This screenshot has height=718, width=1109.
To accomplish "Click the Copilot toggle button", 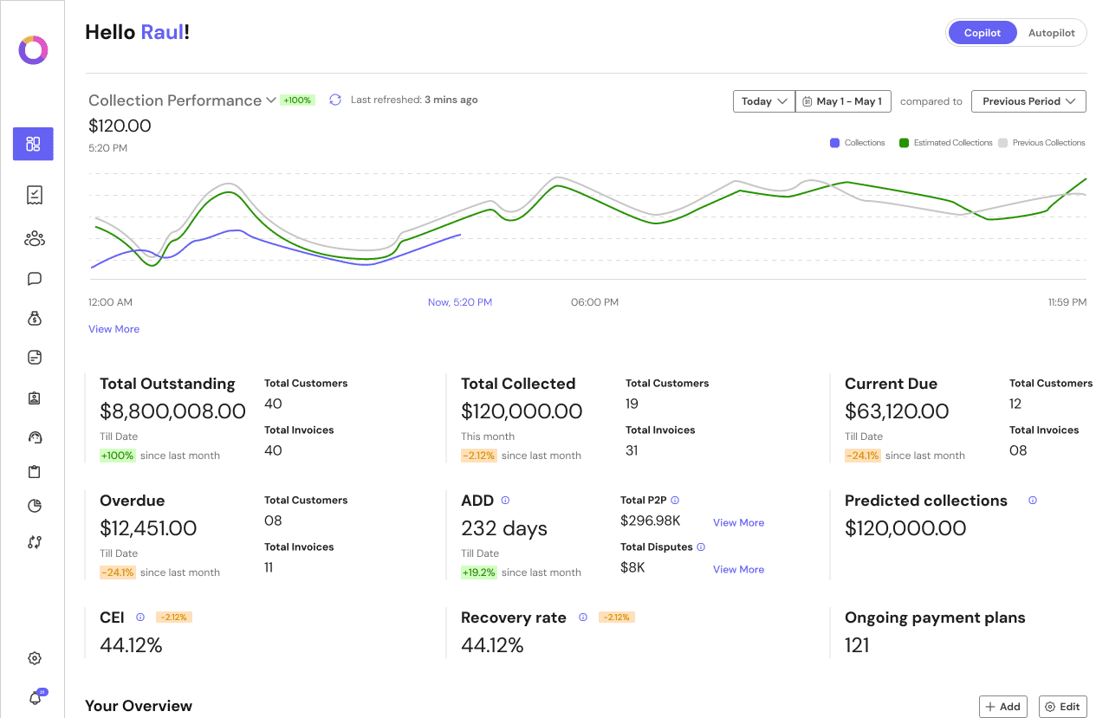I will coord(982,33).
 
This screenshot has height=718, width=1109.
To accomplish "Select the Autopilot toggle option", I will coord(1051,33).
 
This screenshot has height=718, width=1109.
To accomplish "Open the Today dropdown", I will coord(763,101).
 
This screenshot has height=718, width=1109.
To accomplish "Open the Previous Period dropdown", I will coord(1028,101).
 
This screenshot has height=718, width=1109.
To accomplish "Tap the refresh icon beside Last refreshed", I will coord(335,100).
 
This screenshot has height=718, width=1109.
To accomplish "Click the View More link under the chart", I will coord(113,329).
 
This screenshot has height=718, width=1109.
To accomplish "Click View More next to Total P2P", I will coord(738,523).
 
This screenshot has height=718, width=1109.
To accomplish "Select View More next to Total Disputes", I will coord(738,570).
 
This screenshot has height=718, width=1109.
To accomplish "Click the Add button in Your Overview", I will coord(1002,707).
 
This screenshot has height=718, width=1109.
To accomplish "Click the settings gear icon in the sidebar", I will coord(35,658).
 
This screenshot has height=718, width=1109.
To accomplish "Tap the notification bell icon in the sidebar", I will coord(36,698).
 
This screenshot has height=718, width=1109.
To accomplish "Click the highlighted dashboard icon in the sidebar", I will coord(33,144).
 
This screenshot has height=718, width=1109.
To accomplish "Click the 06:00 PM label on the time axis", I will coord(594,302).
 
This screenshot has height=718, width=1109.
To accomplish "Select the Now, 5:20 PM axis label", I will coord(459,302).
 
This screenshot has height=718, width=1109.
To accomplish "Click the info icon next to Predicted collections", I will coord(1032,501).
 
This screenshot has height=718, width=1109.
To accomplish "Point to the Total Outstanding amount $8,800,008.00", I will coord(172,411).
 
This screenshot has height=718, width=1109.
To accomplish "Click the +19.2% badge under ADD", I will coord(478,572).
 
